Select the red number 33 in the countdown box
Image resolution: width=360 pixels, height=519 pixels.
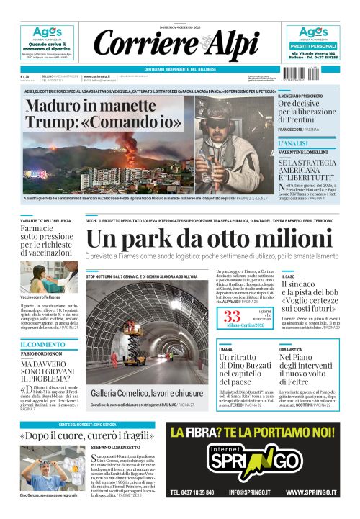pyautogui.click(x=232, y=317)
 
